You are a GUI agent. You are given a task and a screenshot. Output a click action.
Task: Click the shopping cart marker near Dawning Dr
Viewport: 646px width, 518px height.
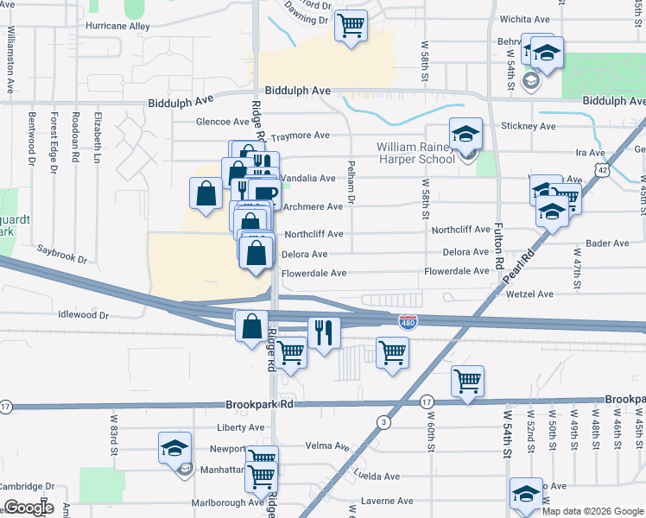click(x=351, y=25)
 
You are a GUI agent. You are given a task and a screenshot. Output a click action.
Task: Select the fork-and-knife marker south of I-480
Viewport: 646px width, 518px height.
click(x=324, y=333)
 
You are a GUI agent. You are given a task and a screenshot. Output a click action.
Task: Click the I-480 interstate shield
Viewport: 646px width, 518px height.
click(x=408, y=322)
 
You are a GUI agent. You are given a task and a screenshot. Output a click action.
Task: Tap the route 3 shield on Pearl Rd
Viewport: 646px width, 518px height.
click(x=383, y=421)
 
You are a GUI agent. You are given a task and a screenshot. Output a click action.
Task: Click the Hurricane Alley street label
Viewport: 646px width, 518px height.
click(x=117, y=26)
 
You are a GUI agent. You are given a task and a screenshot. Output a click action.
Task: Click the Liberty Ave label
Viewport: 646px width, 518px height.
click(x=241, y=427)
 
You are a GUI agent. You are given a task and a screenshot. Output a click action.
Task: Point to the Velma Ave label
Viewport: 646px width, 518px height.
click(x=326, y=446)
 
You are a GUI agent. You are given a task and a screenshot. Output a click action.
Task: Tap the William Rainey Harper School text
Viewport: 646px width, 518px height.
click(x=415, y=153)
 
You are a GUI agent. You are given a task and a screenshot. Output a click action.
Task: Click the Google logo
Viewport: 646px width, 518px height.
click(x=28, y=508)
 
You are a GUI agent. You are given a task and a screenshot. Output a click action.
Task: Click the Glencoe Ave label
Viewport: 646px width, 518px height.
click(x=223, y=122)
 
